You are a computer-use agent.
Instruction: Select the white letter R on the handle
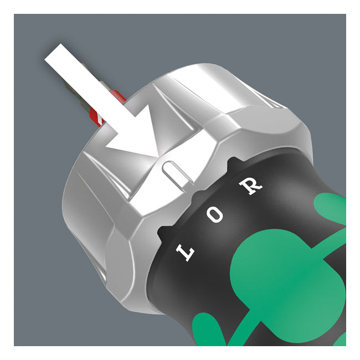pos(253,185)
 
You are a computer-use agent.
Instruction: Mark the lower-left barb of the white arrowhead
pos(110,146)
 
